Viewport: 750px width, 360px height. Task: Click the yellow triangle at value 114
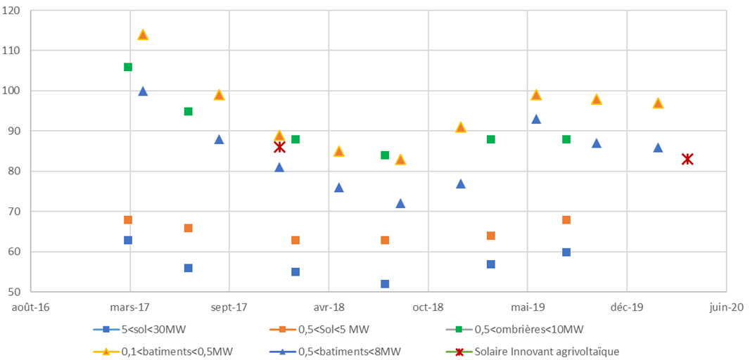point(143,34)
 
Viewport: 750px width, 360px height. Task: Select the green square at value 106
point(128,67)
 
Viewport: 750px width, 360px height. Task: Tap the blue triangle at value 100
point(143,91)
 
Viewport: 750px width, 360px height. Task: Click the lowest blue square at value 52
point(385,284)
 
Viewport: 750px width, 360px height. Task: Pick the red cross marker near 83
point(687,159)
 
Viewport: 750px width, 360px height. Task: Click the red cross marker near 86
point(279,147)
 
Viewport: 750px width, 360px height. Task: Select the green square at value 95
point(189,111)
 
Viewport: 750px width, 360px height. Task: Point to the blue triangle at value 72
point(400,203)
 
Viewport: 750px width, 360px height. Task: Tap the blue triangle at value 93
point(536,119)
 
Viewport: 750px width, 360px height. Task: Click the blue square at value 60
point(566,252)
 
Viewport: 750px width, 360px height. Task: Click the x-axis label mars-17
point(130,307)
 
